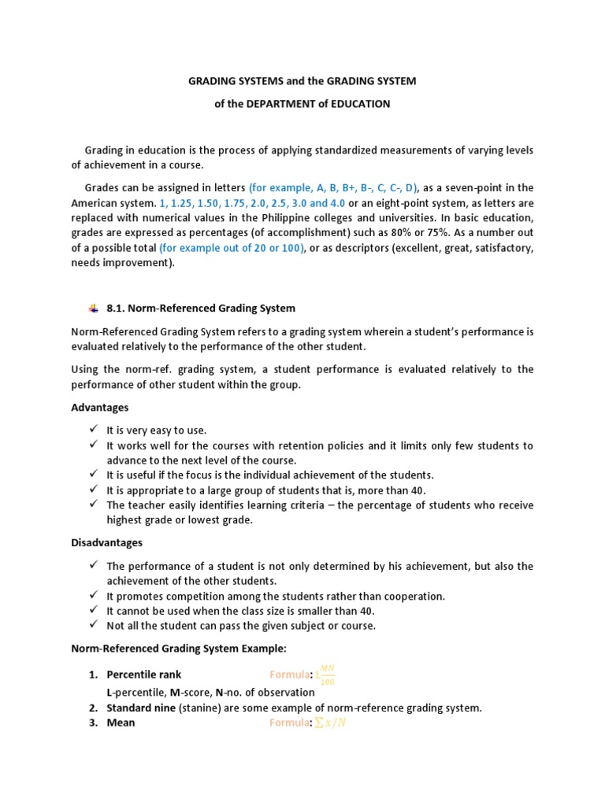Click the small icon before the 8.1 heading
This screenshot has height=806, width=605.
point(93,307)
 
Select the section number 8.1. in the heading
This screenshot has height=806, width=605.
point(118,308)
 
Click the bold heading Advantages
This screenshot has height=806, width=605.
point(100,408)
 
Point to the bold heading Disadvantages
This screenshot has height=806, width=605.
point(107,543)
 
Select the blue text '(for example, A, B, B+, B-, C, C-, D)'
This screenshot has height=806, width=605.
point(334,187)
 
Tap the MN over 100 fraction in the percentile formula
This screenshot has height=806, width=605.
point(328,674)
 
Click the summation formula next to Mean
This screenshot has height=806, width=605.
point(330,723)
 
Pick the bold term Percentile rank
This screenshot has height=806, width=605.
point(144,675)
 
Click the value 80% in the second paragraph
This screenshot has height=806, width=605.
point(451,233)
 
